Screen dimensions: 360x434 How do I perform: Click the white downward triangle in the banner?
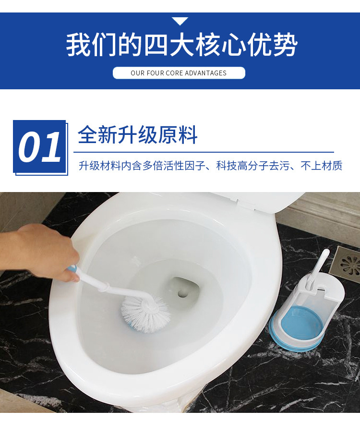click(180, 21)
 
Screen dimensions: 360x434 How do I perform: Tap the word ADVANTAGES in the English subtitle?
click(205, 73)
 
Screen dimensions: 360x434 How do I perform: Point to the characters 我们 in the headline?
click(91, 45)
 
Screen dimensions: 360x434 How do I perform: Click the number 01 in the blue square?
click(39, 147)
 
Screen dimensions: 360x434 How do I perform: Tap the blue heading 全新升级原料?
click(138, 135)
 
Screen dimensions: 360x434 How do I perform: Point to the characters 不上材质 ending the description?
click(322, 166)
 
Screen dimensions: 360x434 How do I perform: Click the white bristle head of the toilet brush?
click(145, 313)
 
